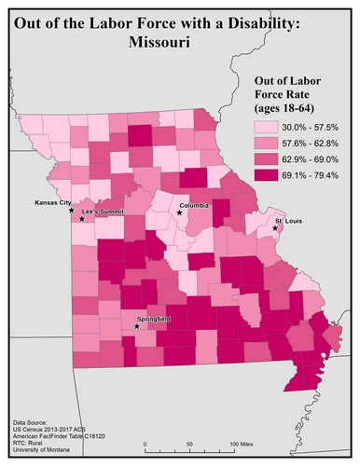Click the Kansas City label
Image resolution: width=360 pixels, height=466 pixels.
[x=52, y=202]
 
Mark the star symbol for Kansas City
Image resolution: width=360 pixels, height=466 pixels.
[x=72, y=210]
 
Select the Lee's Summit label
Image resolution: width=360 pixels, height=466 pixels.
[x=103, y=212]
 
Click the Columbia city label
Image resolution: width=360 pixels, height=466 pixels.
[x=194, y=204]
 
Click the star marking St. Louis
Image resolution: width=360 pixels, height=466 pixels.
[x=276, y=227]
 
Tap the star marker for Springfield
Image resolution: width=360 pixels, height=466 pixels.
[x=137, y=326]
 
